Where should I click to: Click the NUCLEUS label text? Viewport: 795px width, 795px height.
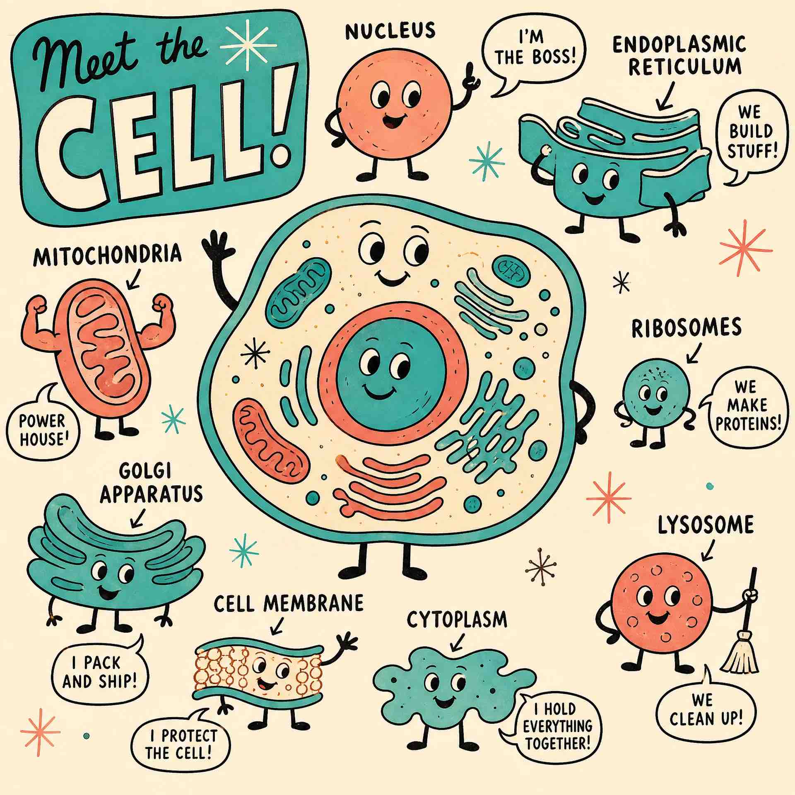tap(390, 31)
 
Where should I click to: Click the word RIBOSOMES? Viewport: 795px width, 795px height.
tap(686, 328)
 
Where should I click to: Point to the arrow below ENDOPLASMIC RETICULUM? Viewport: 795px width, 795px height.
tap(665, 96)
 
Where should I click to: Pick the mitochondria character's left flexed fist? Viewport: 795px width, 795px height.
tap(37, 307)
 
